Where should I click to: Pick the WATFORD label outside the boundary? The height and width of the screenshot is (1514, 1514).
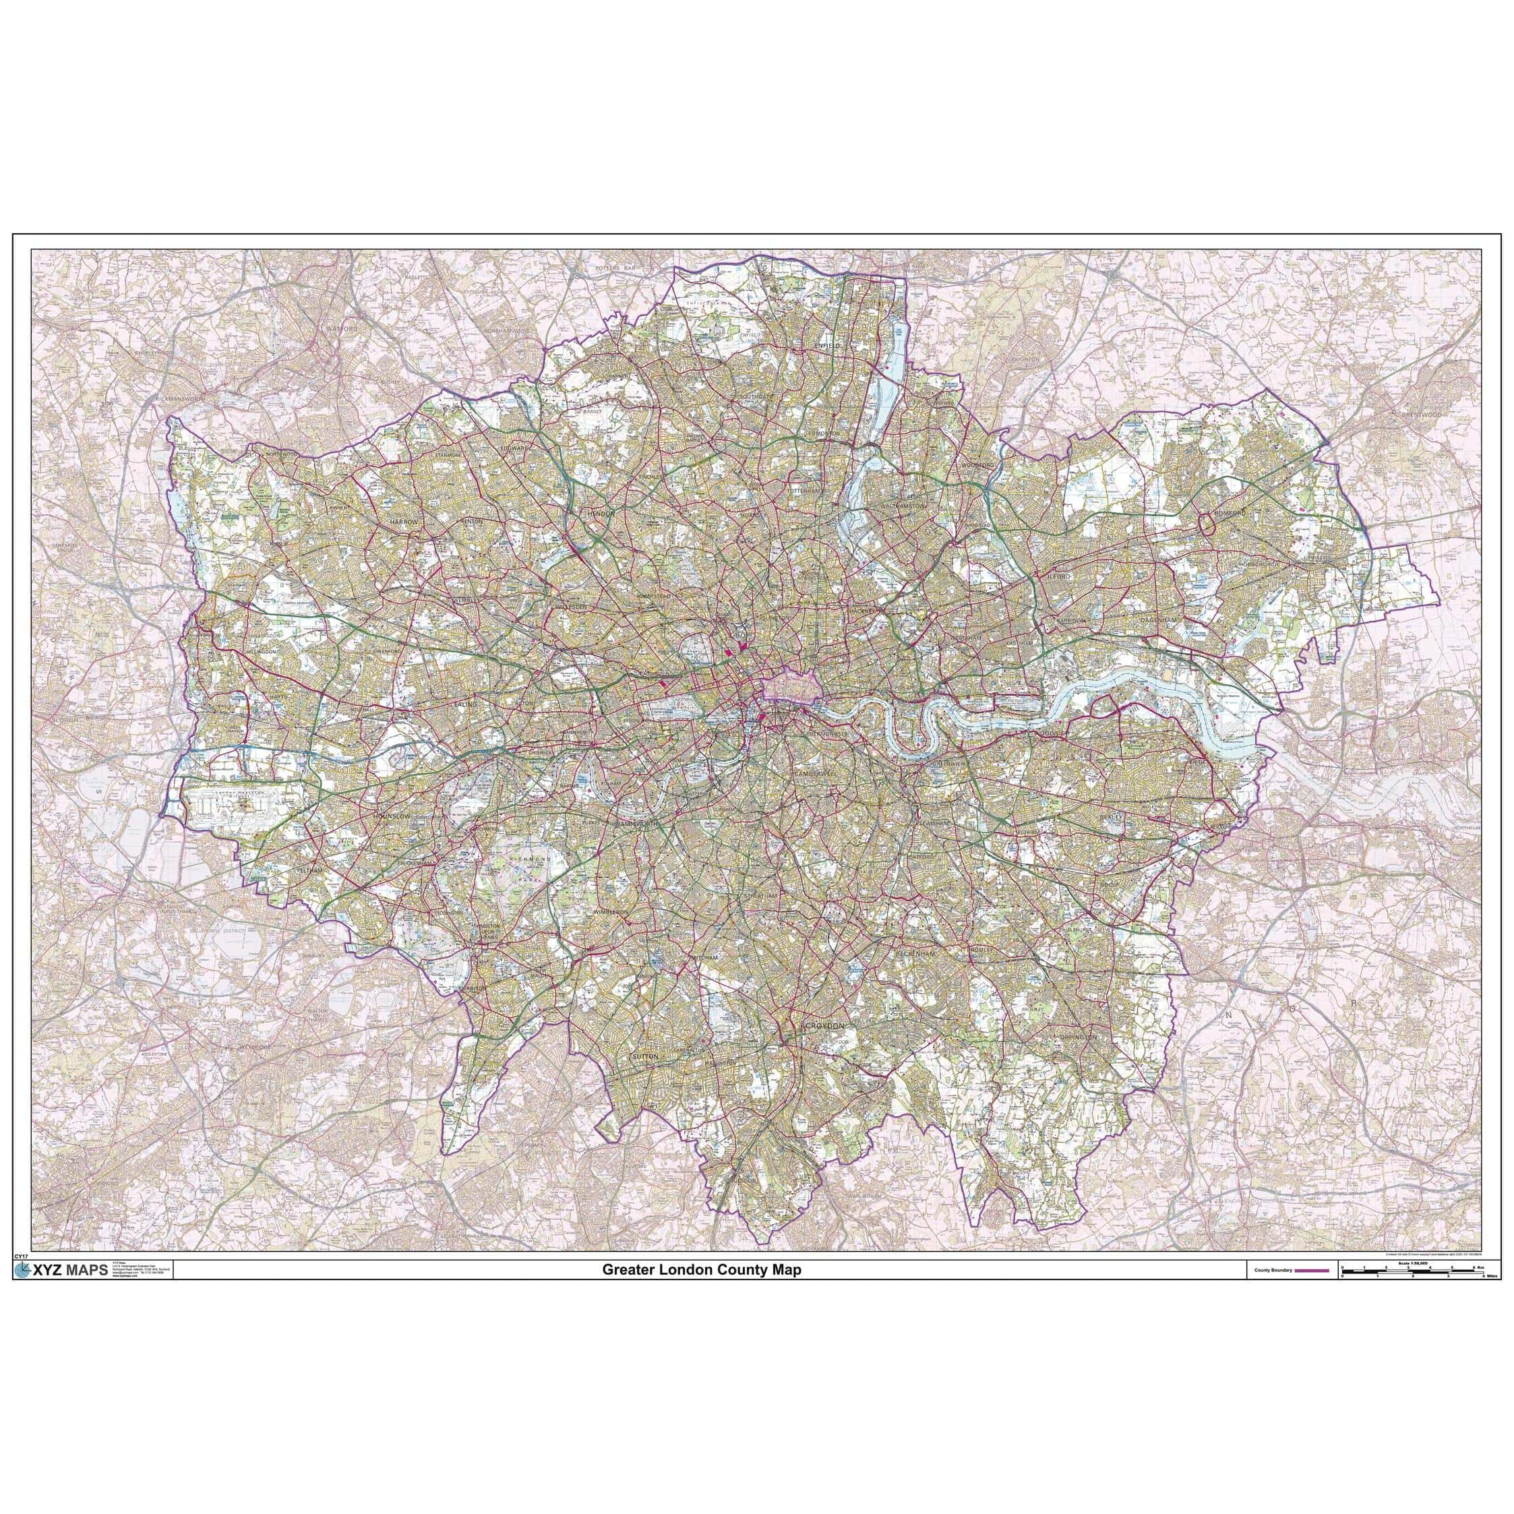point(342,328)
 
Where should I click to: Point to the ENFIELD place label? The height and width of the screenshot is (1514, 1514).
point(826,345)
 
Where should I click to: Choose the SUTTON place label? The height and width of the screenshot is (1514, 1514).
point(645,1056)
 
